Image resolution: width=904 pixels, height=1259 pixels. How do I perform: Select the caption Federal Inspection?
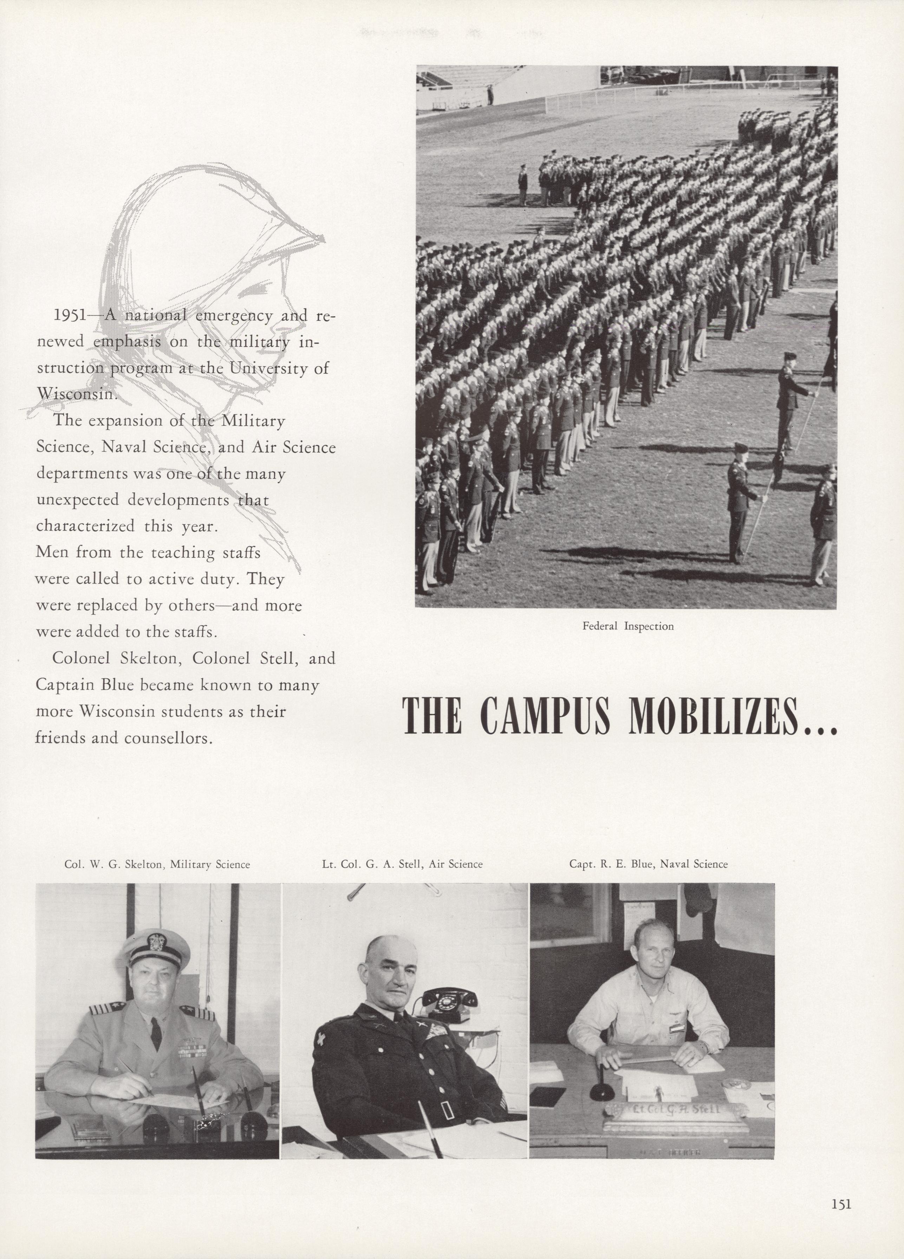coord(627,626)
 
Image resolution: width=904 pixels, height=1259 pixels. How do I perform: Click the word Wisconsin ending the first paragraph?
coord(76,394)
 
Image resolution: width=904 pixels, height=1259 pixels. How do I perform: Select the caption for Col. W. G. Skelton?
coord(157,864)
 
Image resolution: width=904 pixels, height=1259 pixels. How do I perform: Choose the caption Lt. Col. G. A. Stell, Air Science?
coord(402,864)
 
